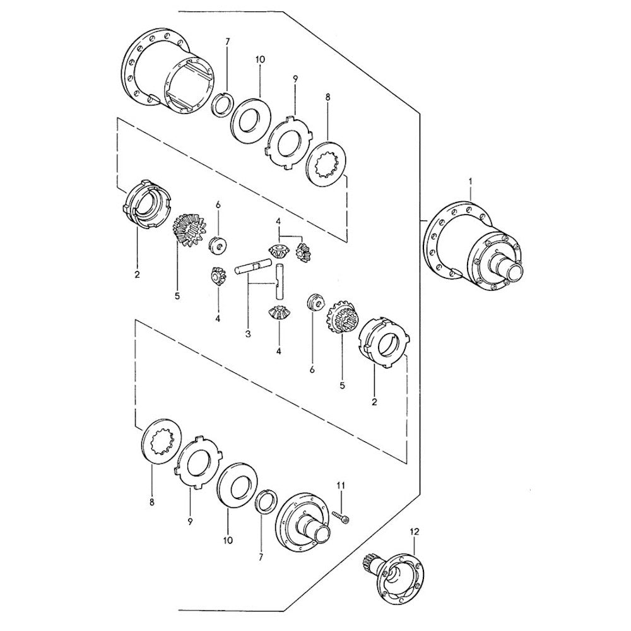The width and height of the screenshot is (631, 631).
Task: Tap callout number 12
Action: pos(415,531)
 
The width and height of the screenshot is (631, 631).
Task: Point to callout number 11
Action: pos(341,486)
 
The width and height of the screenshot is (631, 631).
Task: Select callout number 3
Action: pos(248,334)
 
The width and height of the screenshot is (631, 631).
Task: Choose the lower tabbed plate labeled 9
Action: pos(198,463)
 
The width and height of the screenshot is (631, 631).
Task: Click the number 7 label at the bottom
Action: pos(261,557)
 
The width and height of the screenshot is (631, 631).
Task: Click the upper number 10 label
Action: pos(260,59)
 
